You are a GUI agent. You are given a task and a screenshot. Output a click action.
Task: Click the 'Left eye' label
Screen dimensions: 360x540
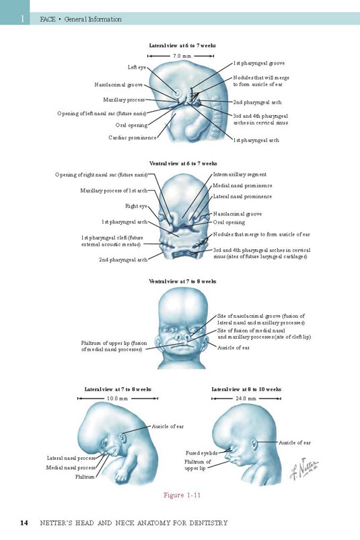pos(137,67)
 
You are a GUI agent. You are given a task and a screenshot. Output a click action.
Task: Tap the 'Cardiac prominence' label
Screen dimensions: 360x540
pos(132,138)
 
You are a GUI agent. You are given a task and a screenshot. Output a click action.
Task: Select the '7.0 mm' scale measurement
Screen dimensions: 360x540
pos(182,56)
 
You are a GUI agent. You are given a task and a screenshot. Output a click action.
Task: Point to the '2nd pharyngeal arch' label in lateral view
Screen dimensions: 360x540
pos(257,102)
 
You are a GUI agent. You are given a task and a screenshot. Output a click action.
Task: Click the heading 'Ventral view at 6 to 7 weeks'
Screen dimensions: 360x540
pos(183,163)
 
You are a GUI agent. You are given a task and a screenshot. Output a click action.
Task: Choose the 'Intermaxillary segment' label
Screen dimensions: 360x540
pos(240,174)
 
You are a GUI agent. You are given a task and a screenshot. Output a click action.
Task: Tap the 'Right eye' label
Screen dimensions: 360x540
pos(136,206)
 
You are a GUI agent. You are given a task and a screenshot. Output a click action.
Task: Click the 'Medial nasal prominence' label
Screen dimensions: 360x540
pos(242,186)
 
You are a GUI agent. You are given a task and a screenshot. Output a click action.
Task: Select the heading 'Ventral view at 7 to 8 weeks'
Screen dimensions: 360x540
pos(183,281)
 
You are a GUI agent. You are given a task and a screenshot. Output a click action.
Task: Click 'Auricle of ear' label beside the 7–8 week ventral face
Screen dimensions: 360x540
pos(233,348)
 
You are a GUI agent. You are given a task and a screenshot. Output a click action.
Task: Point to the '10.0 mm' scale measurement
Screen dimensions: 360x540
pos(117,399)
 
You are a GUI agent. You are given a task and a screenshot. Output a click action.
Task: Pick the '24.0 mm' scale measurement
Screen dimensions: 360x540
pos(246,399)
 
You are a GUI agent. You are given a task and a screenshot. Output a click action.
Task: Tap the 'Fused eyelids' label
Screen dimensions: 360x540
pos(201,453)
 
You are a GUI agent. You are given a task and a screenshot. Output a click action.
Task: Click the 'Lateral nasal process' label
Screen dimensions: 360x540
pos(71,459)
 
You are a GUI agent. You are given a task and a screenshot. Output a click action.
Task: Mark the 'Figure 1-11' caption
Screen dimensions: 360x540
pos(182,496)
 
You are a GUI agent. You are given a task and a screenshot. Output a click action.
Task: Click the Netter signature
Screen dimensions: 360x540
pos(304,469)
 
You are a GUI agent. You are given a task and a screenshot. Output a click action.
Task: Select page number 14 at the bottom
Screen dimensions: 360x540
pos(24,522)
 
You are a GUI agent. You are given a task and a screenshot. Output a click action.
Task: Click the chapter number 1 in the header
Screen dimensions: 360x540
pos(23,19)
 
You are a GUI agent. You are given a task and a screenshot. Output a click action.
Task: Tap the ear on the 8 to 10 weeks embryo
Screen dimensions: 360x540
pos(254,444)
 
